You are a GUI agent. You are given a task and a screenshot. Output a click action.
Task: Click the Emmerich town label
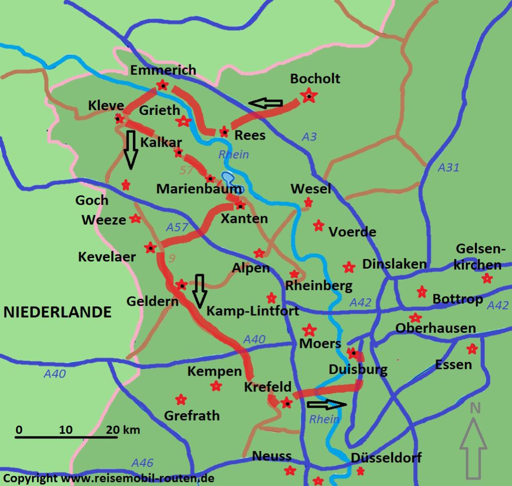coord(163,70)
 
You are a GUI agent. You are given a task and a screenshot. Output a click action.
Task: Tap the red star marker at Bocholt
coord(309,95)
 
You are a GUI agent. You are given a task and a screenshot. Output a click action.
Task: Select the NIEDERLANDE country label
coord(57,312)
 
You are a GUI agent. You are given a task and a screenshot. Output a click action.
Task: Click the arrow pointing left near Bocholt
coord(266,103)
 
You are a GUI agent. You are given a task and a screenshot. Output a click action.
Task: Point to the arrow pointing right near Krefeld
coord(327,404)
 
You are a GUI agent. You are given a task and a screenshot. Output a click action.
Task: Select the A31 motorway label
coord(448,168)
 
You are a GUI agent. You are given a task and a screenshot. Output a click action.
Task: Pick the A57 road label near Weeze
coord(177,227)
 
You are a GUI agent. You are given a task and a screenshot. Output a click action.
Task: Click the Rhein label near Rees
coord(233,154)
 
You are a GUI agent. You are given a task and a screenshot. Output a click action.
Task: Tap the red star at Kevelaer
coord(150,247)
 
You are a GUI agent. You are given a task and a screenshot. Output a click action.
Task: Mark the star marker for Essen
coord(471,348)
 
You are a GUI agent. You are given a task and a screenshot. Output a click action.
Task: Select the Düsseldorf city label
coord(386,457)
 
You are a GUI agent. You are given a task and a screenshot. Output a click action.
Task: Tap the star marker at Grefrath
coord(181,399)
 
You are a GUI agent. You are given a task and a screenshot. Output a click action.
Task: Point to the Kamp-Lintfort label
coord(252,311)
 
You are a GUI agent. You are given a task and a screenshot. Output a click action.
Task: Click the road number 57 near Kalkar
coord(186,170)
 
